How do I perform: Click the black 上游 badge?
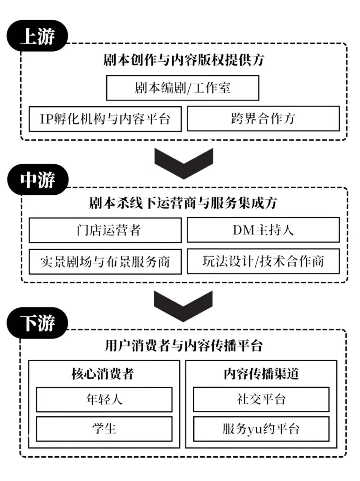pos(37,36)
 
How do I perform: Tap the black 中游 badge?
pos(38,180)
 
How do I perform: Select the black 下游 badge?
pos(37,323)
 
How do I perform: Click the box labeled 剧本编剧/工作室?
pos(182,88)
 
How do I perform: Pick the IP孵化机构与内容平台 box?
pos(105,119)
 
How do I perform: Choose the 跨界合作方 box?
pos(263,119)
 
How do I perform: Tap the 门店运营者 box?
pos(105,230)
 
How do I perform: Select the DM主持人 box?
pos(263,230)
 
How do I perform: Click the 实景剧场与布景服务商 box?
pos(105,262)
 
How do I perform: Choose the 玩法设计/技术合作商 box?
pos(263,261)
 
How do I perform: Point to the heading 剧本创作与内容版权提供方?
pos(184,60)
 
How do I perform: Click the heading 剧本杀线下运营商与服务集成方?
pos(183,203)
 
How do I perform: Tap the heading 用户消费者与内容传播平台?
pos(184,346)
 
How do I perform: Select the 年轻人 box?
pos(104,399)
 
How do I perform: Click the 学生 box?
pos(104,429)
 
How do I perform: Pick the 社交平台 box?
pos(261,399)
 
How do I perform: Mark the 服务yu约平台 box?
pos(261,429)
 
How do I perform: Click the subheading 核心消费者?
pos(103,374)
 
